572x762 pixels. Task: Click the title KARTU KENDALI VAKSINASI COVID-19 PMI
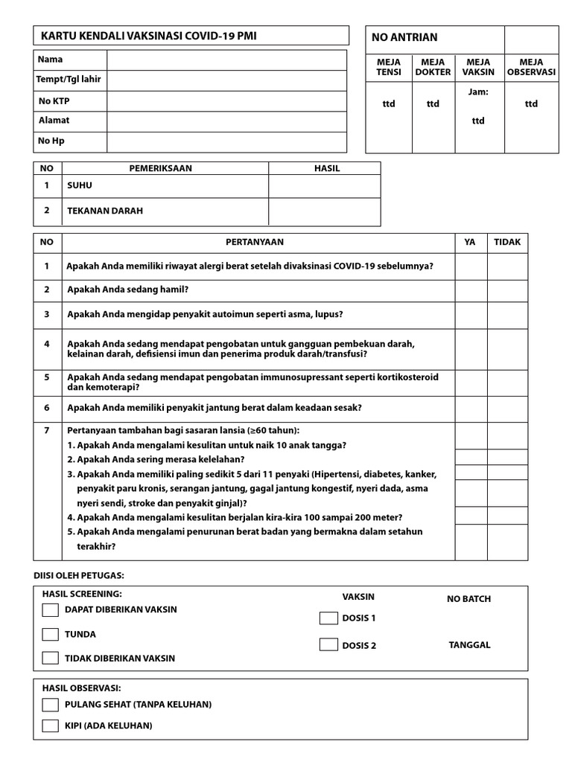coord(150,36)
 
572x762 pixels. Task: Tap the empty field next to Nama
coord(226,60)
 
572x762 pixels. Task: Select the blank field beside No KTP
coord(226,101)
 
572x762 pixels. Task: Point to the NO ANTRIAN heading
coord(404,37)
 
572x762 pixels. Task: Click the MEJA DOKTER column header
coord(433,67)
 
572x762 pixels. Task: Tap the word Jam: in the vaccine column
coord(478,92)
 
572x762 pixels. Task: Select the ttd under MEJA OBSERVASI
coord(530,104)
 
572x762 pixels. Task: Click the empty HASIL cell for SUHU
coord(324,186)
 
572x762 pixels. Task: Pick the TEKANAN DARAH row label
coord(105,211)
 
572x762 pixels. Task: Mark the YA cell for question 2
coord(470,290)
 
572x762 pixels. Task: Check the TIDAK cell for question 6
coord(507,409)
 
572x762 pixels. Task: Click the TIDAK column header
coord(507,242)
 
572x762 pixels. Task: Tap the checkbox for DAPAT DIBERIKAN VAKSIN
coord(50,610)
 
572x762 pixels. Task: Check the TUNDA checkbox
coord(50,635)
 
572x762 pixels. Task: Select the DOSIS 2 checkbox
coord(328,645)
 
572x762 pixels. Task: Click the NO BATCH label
coord(468,599)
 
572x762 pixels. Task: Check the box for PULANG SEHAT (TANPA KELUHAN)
coord(50,705)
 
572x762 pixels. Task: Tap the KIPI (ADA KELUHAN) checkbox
coord(50,726)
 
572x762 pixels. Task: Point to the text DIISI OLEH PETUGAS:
coord(79,575)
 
